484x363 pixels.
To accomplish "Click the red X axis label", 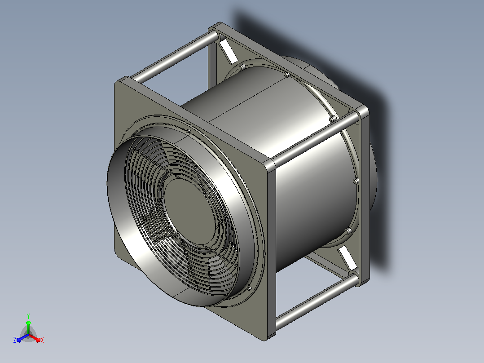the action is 42,340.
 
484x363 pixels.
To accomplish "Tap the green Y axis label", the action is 28,316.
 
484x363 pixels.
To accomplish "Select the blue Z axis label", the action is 15,340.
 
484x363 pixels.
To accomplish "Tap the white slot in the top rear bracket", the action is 229,50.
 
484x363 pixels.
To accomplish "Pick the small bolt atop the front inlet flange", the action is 188,131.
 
